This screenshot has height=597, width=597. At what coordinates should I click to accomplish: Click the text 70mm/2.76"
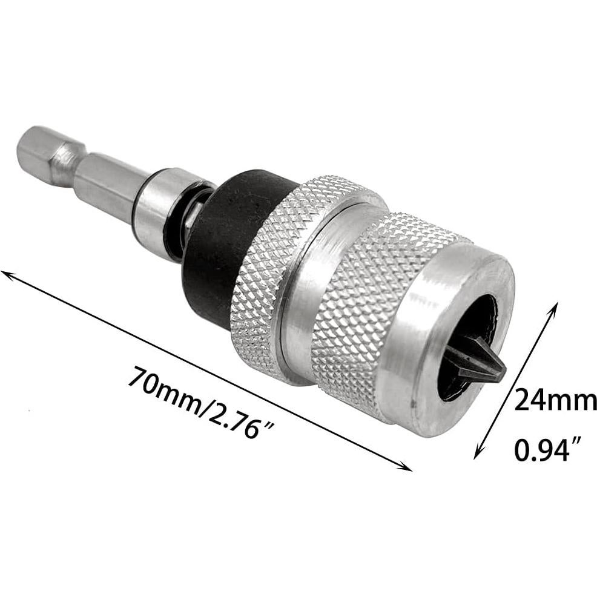click(200, 401)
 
